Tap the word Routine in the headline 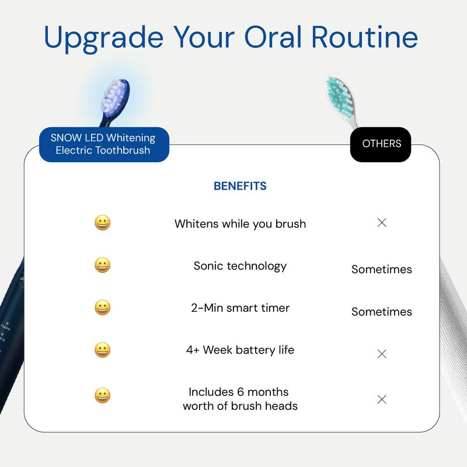point(364,36)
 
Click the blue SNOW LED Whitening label point(103,144)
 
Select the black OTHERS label point(381,144)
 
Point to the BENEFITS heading point(240,186)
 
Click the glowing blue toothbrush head point(114,97)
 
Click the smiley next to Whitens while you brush point(103,223)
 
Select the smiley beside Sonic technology point(103,265)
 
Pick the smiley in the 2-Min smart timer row point(103,308)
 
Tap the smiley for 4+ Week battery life point(103,350)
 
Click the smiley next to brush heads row point(103,396)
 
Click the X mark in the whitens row point(382,222)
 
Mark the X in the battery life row point(382,354)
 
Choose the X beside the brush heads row point(382,399)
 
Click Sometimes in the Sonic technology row point(381,270)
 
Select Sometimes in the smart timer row point(381,312)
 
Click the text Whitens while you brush point(240,224)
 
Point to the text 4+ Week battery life point(240,350)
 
